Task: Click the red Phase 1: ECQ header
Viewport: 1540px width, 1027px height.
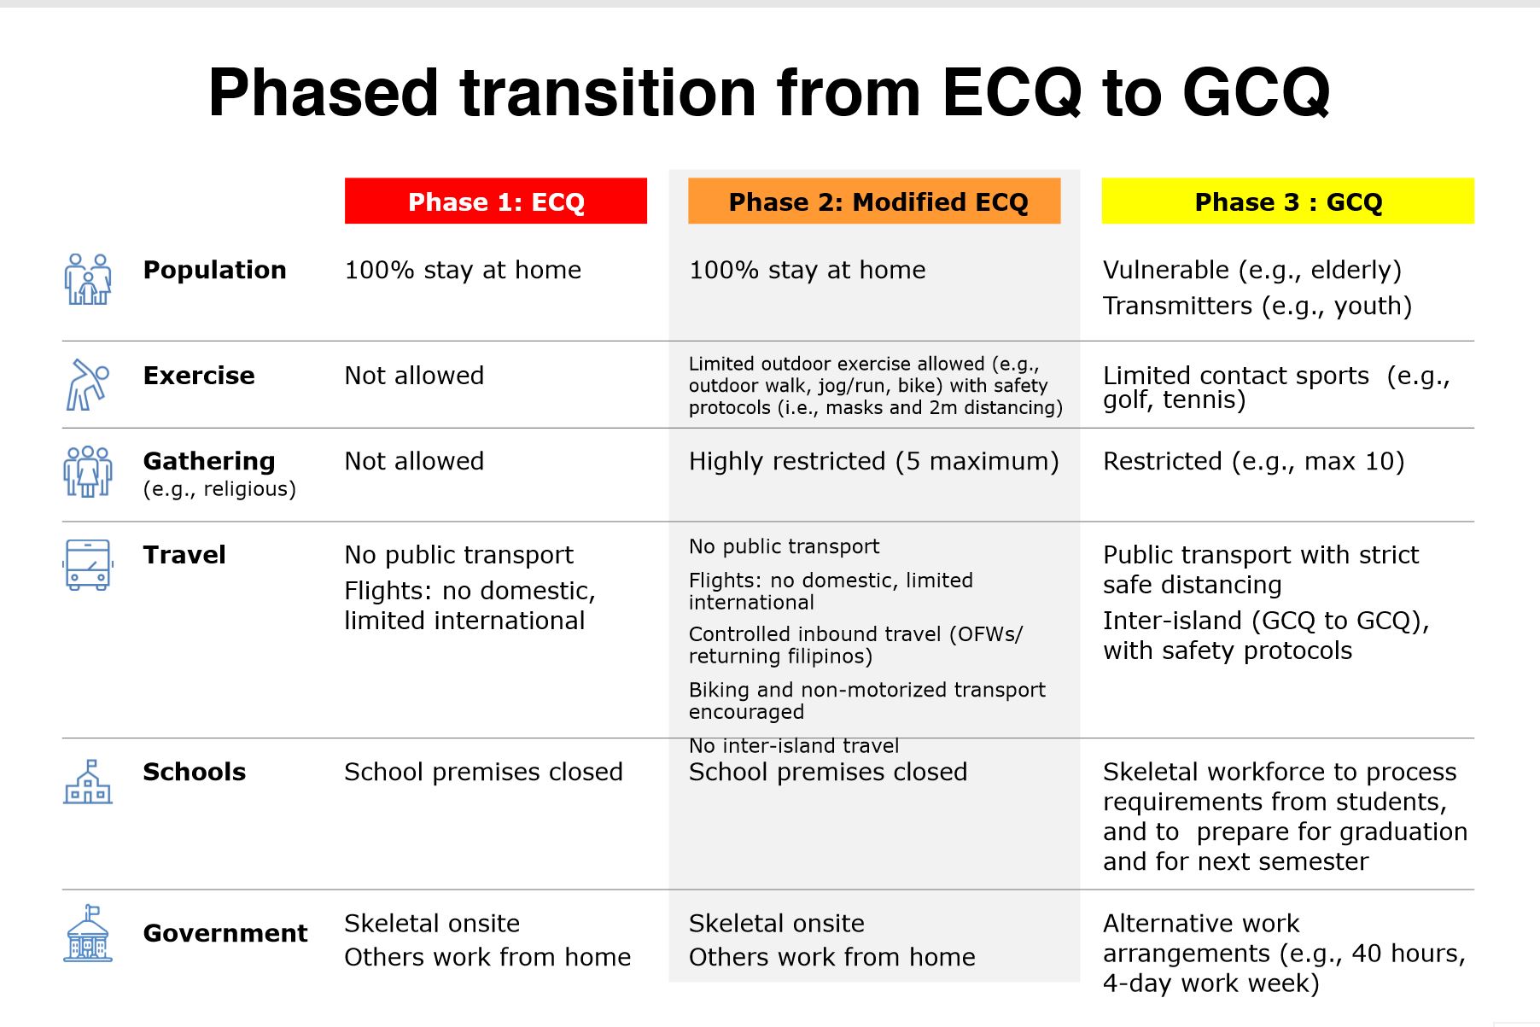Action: (496, 201)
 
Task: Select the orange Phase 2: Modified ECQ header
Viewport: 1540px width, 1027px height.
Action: (874, 201)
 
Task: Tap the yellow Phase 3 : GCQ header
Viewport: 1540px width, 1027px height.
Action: (1287, 201)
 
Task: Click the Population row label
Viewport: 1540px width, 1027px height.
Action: (214, 270)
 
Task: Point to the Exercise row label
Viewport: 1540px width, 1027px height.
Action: (199, 376)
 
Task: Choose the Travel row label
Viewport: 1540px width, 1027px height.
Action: (184, 555)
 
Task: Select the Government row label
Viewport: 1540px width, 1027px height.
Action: (225, 933)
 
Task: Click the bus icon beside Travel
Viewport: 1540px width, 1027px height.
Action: (88, 564)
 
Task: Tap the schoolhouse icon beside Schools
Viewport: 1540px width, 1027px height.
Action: (88, 781)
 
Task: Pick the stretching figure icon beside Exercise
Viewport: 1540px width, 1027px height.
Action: (88, 384)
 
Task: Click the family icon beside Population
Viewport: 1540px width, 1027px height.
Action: (88, 279)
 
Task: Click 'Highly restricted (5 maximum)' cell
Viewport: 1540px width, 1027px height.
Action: (873, 462)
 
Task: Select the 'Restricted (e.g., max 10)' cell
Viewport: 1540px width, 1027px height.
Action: (1253, 462)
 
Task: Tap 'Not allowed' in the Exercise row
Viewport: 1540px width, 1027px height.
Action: (414, 376)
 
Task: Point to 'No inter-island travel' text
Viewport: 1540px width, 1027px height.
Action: (794, 746)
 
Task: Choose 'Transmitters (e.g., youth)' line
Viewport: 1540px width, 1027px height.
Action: (1257, 306)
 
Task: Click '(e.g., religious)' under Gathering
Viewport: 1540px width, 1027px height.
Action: (219, 489)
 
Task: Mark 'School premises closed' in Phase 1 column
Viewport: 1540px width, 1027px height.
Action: (483, 772)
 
